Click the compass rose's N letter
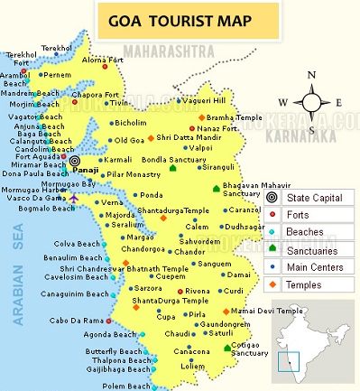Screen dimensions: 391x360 311,76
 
